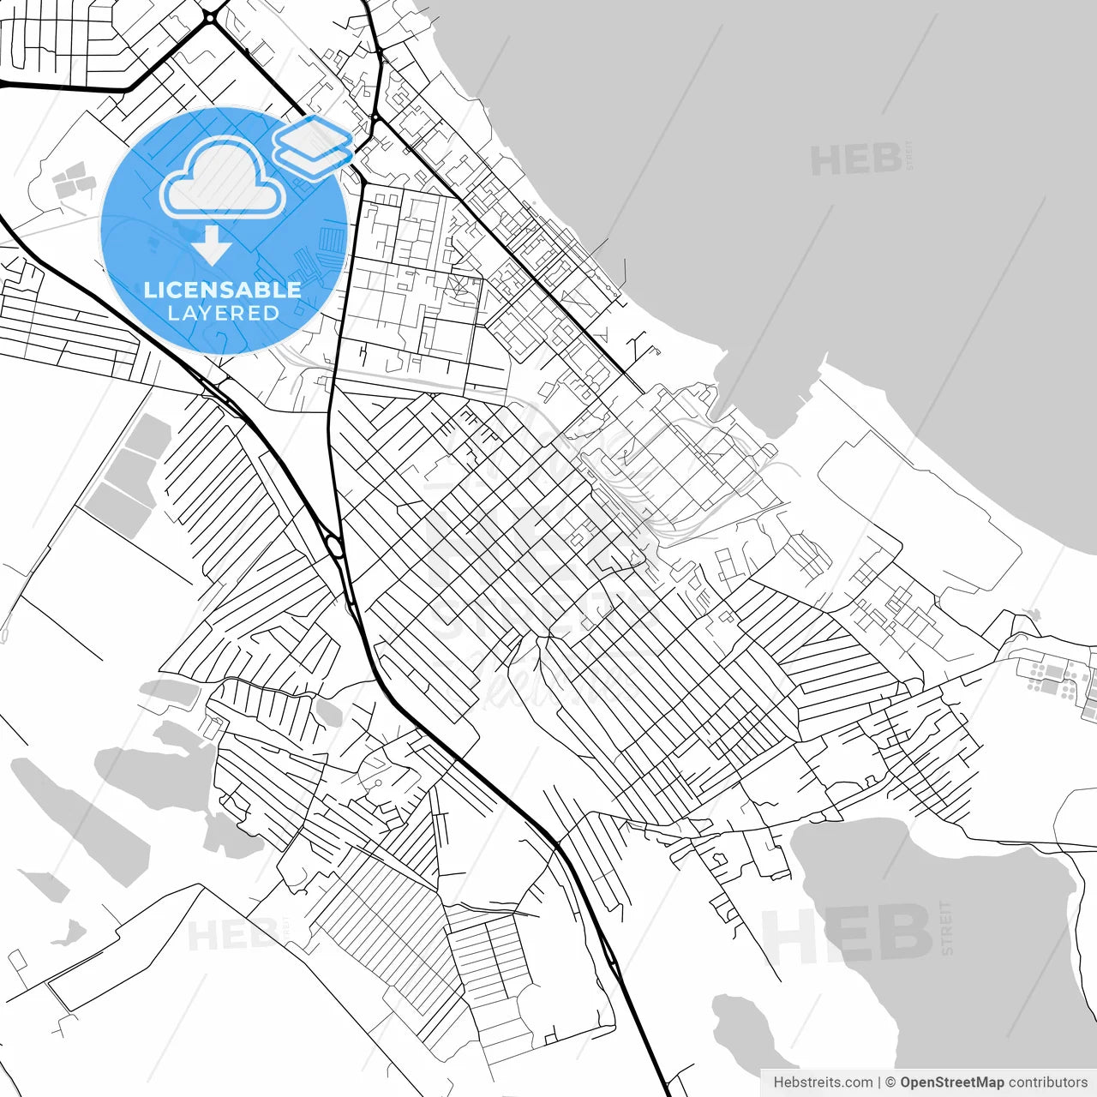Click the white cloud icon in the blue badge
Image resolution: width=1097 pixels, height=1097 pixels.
click(x=223, y=178)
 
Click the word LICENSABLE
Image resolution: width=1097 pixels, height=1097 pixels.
click(x=223, y=290)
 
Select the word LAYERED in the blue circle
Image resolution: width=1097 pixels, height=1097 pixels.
click(x=223, y=314)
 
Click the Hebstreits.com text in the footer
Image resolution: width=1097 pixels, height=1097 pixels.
click(x=823, y=1082)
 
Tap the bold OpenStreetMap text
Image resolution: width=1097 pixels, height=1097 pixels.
click(x=951, y=1082)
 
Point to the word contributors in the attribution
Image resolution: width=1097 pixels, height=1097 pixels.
click(x=1047, y=1082)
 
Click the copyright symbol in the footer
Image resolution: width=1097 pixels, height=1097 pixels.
click(x=890, y=1082)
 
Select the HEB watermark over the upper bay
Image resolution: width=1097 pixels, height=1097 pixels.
click(x=855, y=160)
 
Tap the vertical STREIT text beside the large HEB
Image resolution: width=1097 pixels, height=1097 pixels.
click(x=946, y=927)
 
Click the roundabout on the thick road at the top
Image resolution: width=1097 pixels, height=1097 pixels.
click(x=210, y=17)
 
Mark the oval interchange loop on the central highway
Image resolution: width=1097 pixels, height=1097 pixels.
click(x=335, y=545)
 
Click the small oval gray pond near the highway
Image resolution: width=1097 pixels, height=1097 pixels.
click(x=329, y=710)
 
